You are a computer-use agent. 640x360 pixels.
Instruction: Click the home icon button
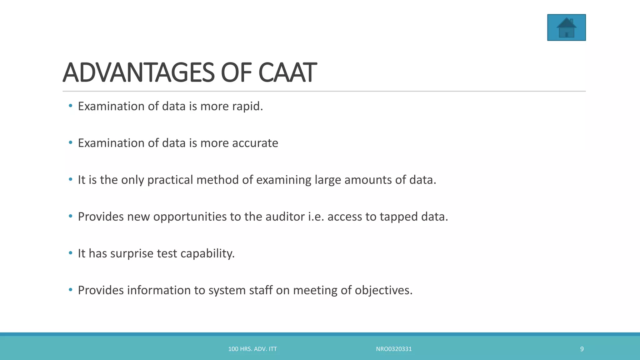tap(566, 27)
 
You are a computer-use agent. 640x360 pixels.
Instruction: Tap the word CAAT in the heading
tap(287, 73)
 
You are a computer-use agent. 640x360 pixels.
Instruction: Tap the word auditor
tap(285, 217)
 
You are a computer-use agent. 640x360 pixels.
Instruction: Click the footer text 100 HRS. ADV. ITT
tap(252, 349)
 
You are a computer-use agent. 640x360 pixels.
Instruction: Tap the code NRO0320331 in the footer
tap(394, 349)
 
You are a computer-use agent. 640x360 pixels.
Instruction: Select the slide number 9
tap(582, 349)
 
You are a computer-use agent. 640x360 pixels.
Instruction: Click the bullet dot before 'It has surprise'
tap(71, 252)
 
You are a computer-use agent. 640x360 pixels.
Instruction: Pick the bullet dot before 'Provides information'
tap(71, 289)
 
